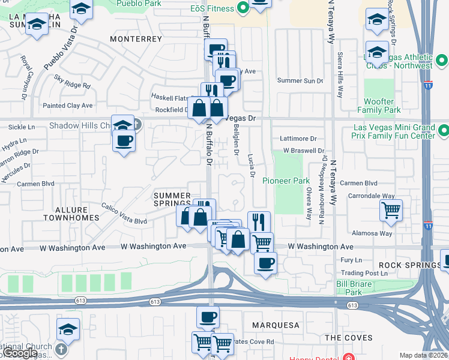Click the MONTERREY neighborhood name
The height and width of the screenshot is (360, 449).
(x=136, y=38)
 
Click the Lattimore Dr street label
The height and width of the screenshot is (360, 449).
(x=298, y=139)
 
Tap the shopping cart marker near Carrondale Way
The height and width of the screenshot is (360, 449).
(x=391, y=211)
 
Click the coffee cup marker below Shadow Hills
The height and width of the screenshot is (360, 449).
(x=124, y=142)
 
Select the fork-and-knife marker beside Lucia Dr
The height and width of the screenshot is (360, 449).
(x=259, y=221)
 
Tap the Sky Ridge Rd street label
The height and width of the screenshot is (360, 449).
(x=71, y=82)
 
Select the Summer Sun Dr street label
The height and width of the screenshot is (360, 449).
(x=300, y=80)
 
